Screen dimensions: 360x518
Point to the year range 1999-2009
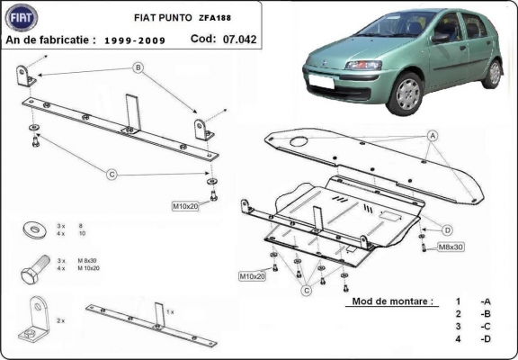[135, 40]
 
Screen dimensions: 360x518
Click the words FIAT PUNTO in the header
[161, 16]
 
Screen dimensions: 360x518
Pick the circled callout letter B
[138, 67]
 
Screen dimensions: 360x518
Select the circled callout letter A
[433, 135]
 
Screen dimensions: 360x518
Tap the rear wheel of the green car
[492, 71]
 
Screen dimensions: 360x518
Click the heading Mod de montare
[394, 301]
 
